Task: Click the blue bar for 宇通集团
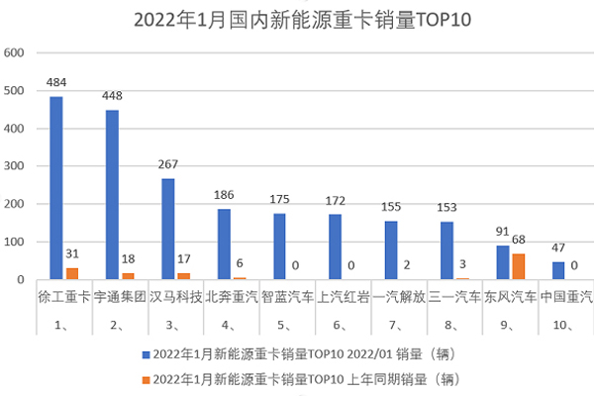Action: pyautogui.click(x=112, y=195)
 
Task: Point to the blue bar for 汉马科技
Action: pyautogui.click(x=167, y=229)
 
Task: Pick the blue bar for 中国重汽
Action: pyautogui.click(x=558, y=270)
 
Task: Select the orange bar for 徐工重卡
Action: pyautogui.click(x=70, y=274)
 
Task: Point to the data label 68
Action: pyautogui.click(x=519, y=241)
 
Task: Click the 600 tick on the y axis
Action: pyautogui.click(x=14, y=52)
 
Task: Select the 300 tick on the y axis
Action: pyautogui.click(x=14, y=166)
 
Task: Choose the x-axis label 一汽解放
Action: pyautogui.click(x=400, y=296)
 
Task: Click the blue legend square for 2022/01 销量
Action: pyautogui.click(x=147, y=352)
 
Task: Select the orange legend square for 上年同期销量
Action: pyautogui.click(x=147, y=377)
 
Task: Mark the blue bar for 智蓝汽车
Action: pyautogui.click(x=279, y=247)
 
